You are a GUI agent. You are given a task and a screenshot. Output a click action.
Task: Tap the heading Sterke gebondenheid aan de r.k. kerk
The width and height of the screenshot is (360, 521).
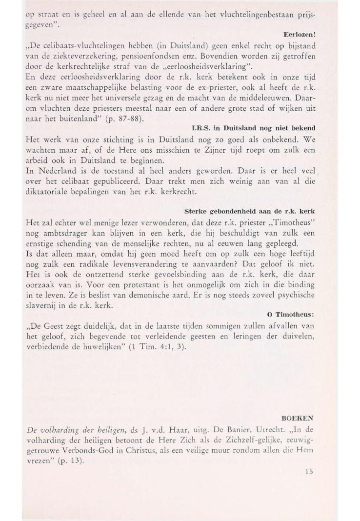(x=250, y=211)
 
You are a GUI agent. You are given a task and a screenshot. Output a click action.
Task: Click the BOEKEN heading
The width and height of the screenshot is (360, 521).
(x=299, y=418)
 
